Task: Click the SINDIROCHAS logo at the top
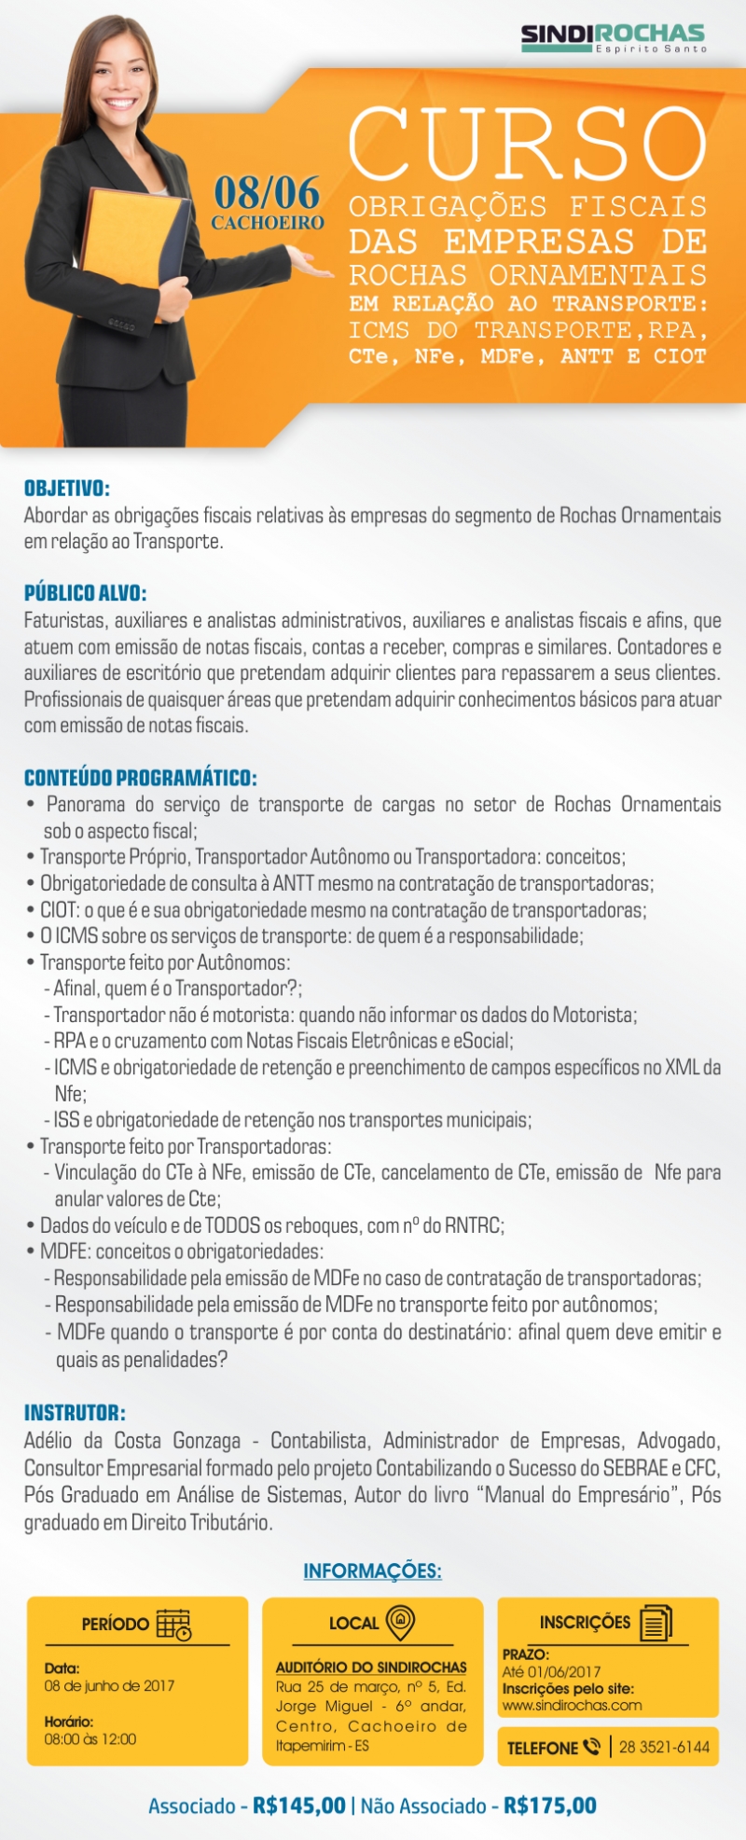point(613,37)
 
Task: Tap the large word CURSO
point(528,145)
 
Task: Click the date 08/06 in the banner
point(267,193)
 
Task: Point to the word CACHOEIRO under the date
point(268,224)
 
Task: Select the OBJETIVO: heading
point(67,488)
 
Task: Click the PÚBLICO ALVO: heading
point(86,593)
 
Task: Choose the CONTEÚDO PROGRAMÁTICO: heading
point(140,778)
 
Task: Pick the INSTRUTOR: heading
point(75,1413)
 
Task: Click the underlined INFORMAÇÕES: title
point(372,1571)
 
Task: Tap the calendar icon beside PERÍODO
point(173,1625)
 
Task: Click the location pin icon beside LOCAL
point(400,1623)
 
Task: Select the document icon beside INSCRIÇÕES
point(656,1623)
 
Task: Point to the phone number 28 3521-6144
point(664,1747)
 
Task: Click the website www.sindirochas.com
point(572,1706)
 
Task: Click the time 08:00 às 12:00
point(90,1739)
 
